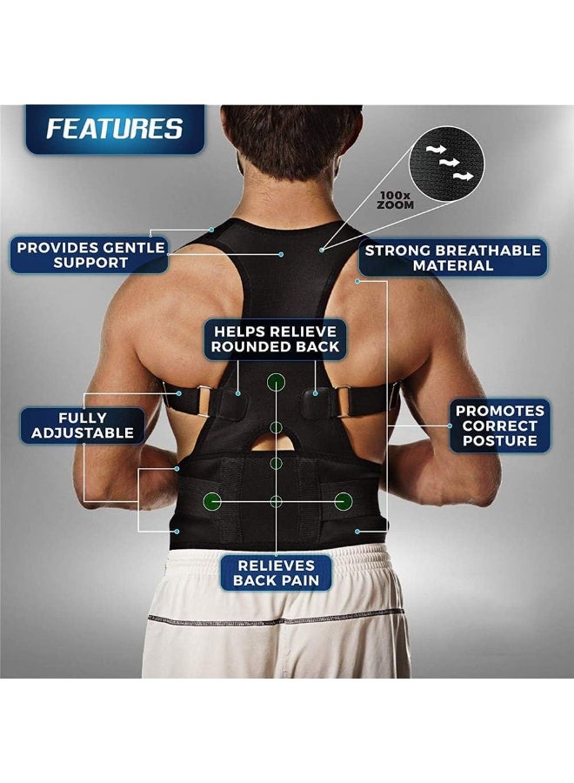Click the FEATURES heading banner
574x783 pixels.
pos(115,129)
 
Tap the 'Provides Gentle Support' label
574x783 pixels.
pos(90,254)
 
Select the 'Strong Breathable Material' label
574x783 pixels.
pos(452,257)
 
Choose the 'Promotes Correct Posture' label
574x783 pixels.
pos(500,425)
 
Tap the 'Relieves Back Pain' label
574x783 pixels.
pos(276,572)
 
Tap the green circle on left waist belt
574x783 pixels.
pos(211,500)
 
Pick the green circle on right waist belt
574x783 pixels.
pos(344,500)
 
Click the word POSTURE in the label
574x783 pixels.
pos(500,442)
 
